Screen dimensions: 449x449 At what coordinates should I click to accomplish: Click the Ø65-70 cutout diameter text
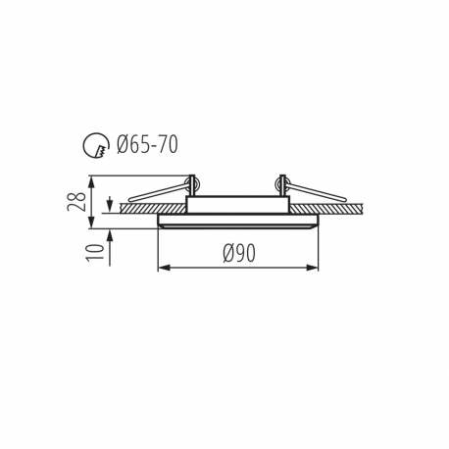pos(147,144)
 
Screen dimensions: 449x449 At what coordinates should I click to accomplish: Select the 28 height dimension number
pos(76,202)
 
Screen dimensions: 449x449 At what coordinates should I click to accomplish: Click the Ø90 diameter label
pos(239,253)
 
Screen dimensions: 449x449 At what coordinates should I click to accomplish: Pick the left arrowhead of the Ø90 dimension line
pos(163,268)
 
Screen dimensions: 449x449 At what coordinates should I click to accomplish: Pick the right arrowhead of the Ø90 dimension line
pos(313,268)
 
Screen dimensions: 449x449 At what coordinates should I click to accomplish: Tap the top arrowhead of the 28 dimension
pos(92,181)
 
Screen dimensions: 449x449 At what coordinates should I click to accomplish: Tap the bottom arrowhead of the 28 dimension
pos(92,224)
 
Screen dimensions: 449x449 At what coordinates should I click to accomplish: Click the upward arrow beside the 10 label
pos(110,247)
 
